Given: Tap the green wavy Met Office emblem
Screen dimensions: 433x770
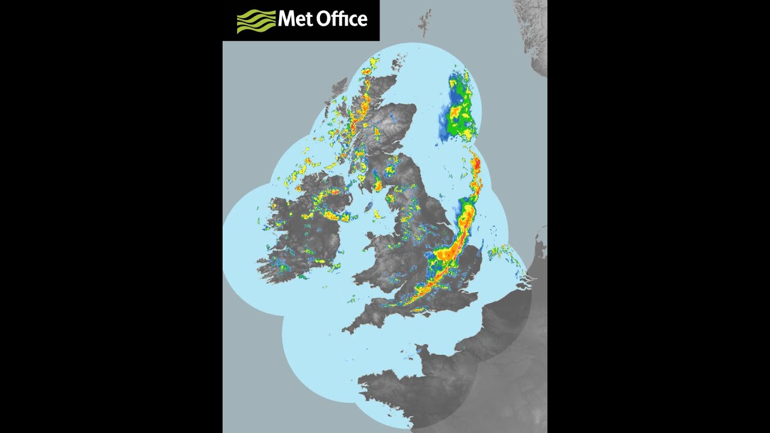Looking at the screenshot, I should [x=256, y=20].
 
